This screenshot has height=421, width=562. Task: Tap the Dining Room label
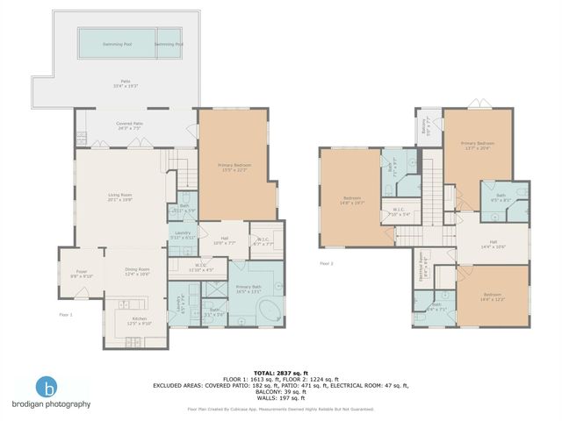point(137,271)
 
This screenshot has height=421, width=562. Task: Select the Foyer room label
point(81,273)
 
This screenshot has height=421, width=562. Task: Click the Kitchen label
point(140,320)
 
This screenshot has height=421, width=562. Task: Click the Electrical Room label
point(422,264)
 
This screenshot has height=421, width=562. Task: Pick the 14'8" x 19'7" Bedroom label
point(350,202)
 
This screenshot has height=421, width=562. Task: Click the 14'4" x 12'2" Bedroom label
point(494,297)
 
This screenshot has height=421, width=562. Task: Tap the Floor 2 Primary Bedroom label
point(478,145)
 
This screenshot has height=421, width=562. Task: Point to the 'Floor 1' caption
point(66,314)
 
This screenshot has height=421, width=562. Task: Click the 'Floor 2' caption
point(327,263)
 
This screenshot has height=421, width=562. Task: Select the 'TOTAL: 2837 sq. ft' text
point(280,371)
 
